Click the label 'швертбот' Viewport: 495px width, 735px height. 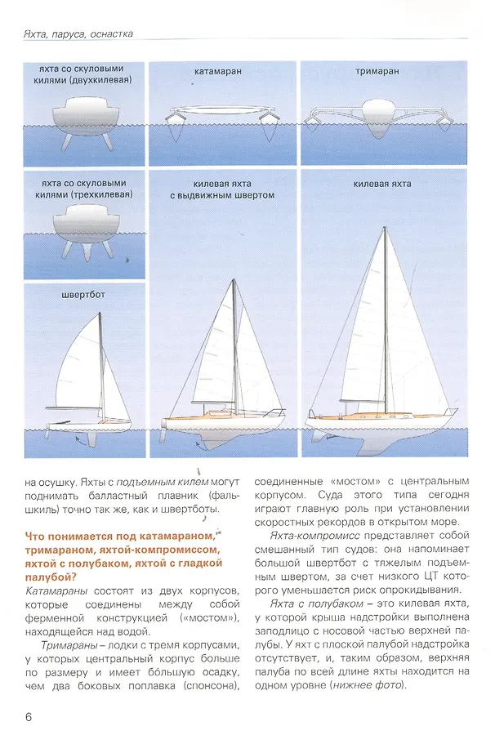(x=82, y=296)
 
